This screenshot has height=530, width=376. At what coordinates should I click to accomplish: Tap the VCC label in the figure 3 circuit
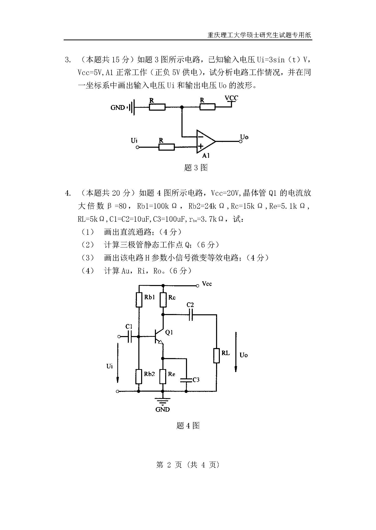(231, 98)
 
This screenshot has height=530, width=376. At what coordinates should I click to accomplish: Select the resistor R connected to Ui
(166, 147)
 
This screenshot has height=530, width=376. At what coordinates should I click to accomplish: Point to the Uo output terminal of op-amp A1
(241, 142)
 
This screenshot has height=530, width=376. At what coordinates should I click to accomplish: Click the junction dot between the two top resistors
(182, 107)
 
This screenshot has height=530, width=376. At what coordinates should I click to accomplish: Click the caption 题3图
(196, 168)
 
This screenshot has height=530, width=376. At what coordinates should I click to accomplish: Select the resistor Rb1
(139, 300)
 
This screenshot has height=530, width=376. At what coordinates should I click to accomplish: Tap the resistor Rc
(163, 300)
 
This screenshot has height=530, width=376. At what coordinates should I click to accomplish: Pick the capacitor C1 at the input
(130, 337)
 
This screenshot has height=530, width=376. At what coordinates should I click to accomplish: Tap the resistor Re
(163, 376)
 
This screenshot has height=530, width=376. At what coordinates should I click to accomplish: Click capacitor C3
(186, 380)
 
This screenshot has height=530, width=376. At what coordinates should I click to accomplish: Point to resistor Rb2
(139, 376)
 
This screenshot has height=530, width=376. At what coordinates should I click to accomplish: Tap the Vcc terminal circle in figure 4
(198, 286)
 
